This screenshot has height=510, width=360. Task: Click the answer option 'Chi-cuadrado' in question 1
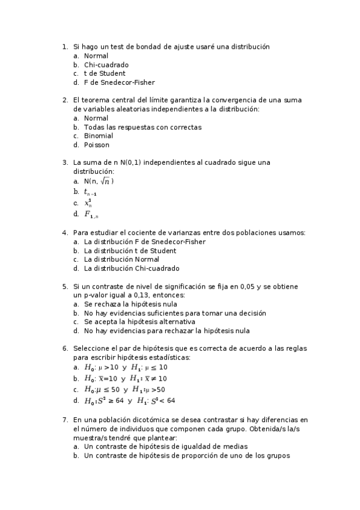tap(106, 64)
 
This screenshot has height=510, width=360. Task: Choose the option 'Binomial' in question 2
tap(98, 136)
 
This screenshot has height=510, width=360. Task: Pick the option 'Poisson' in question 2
tap(96, 145)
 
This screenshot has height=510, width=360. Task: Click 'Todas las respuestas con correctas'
tap(142, 127)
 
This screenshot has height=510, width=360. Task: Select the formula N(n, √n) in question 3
tap(99, 181)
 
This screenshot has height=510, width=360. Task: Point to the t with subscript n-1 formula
tap(90, 192)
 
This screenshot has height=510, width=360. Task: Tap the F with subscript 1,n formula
tap(91, 214)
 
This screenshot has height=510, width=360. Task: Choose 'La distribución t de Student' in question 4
tap(130, 250)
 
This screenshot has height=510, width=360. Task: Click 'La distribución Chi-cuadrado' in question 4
tap(131, 268)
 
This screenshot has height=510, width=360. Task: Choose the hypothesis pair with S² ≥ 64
tap(129, 401)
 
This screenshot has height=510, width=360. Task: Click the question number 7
tap(64, 419)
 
